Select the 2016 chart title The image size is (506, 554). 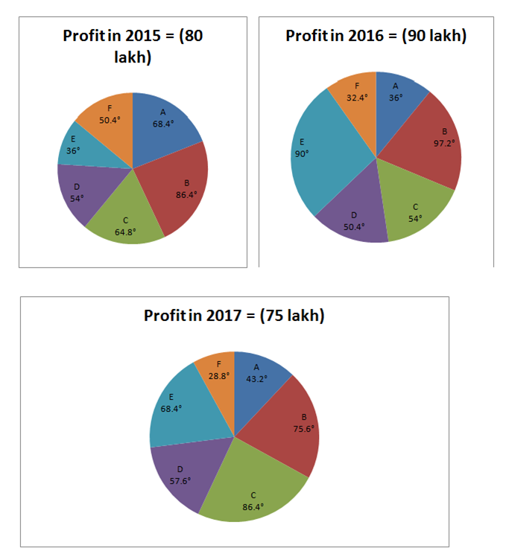point(376,36)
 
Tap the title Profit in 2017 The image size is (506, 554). point(234,316)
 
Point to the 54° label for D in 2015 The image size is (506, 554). point(77,197)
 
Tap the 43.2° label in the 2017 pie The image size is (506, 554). point(257,378)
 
